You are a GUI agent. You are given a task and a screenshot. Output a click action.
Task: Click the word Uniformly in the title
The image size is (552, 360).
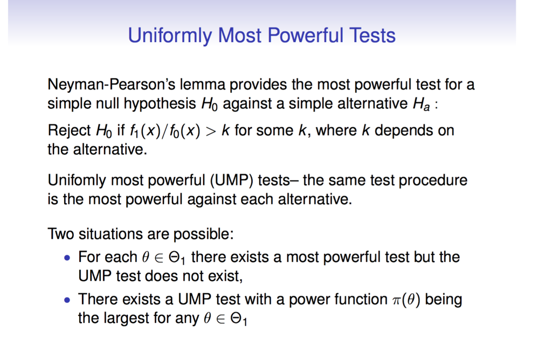point(170,36)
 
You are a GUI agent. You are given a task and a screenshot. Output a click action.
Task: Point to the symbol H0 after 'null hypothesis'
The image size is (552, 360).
point(210,104)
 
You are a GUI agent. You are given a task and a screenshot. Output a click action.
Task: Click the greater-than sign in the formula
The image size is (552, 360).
point(211,131)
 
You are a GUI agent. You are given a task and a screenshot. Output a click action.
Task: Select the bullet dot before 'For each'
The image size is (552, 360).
point(67,258)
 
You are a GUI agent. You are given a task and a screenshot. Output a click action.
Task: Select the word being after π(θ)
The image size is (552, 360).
point(444,299)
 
